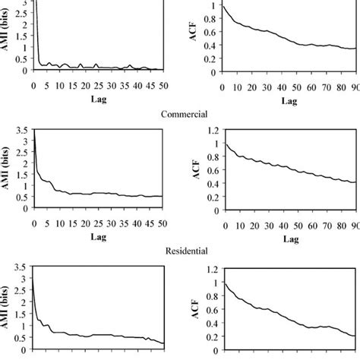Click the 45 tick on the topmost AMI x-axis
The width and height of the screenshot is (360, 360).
[x=150, y=85]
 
